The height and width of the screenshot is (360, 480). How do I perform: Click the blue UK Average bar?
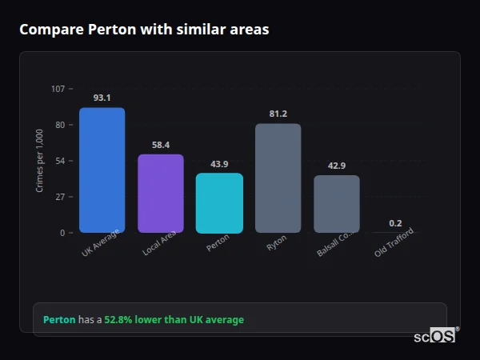click(x=102, y=170)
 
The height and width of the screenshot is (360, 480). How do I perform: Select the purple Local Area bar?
click(x=160, y=194)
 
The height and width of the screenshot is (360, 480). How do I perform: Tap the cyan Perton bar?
click(x=219, y=203)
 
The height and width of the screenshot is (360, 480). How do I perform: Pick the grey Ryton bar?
click(x=278, y=178)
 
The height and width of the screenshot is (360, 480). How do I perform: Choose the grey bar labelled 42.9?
click(x=336, y=204)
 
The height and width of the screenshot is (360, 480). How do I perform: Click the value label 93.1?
click(x=102, y=98)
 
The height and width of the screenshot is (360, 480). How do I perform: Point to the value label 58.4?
click(x=160, y=145)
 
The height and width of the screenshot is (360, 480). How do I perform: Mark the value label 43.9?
click(x=219, y=164)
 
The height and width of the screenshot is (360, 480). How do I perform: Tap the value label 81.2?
click(x=278, y=114)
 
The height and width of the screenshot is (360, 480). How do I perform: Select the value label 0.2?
click(x=395, y=223)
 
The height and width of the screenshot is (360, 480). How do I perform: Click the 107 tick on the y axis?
click(x=58, y=89)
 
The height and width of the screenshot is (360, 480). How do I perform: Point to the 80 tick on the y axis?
click(x=61, y=125)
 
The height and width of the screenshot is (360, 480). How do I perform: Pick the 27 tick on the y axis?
click(x=61, y=197)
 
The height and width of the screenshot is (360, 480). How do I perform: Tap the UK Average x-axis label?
click(x=100, y=245)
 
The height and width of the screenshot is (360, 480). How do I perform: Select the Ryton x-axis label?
click(x=277, y=243)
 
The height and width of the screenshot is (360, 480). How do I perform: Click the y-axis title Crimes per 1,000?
click(x=40, y=161)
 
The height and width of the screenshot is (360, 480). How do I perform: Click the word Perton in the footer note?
click(x=59, y=320)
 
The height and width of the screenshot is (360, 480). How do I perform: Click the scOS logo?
click(x=434, y=336)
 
